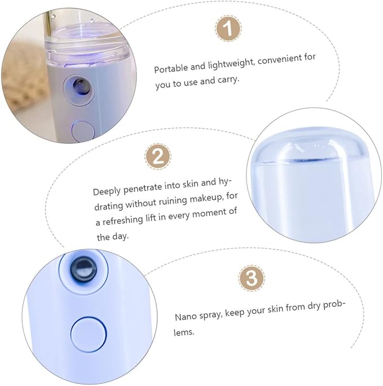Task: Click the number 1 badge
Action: tap(228, 28)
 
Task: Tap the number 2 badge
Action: tap(158, 156)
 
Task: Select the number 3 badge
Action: tap(252, 278)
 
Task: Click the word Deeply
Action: tap(107, 191)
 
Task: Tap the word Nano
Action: tap(186, 317)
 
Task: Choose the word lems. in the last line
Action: tap(184, 332)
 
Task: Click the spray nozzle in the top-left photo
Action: tap(81, 87)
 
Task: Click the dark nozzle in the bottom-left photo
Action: tap(83, 269)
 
